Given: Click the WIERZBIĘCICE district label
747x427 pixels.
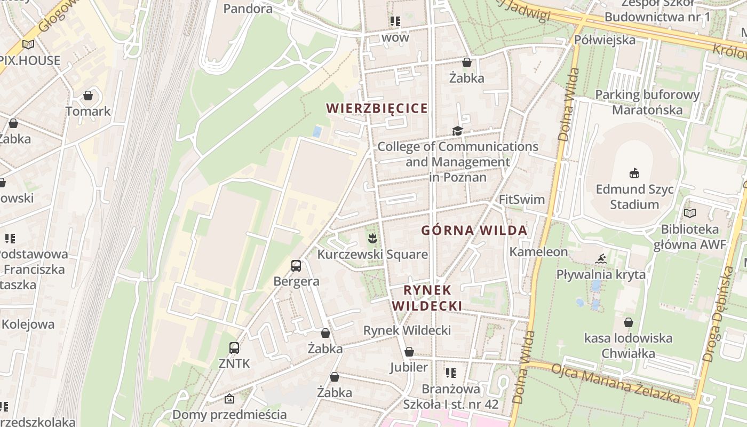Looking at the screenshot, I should (377, 108).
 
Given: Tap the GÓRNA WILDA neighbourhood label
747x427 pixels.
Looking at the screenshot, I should (474, 231).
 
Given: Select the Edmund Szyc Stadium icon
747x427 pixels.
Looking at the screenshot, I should (634, 173).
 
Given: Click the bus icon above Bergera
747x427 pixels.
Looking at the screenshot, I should (296, 265).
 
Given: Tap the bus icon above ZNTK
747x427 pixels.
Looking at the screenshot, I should (234, 348).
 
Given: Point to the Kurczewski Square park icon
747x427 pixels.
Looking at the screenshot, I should (372, 239).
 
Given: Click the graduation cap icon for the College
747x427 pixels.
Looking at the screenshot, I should (457, 131).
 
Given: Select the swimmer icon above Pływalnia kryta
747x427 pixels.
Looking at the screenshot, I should (601, 259).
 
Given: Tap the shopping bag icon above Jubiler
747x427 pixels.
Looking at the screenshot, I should (409, 352).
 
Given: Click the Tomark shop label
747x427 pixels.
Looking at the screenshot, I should (88, 111).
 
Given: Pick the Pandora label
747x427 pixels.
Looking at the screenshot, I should (248, 9).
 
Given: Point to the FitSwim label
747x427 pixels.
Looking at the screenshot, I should (521, 200).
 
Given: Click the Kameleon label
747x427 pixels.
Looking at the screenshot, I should (538, 251).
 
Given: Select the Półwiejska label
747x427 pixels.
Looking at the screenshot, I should (605, 40).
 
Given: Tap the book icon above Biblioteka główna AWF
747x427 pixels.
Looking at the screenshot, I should (690, 213).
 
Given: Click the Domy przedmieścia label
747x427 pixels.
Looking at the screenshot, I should (229, 414).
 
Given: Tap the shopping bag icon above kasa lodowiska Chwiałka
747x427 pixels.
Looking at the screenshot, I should (629, 322).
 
